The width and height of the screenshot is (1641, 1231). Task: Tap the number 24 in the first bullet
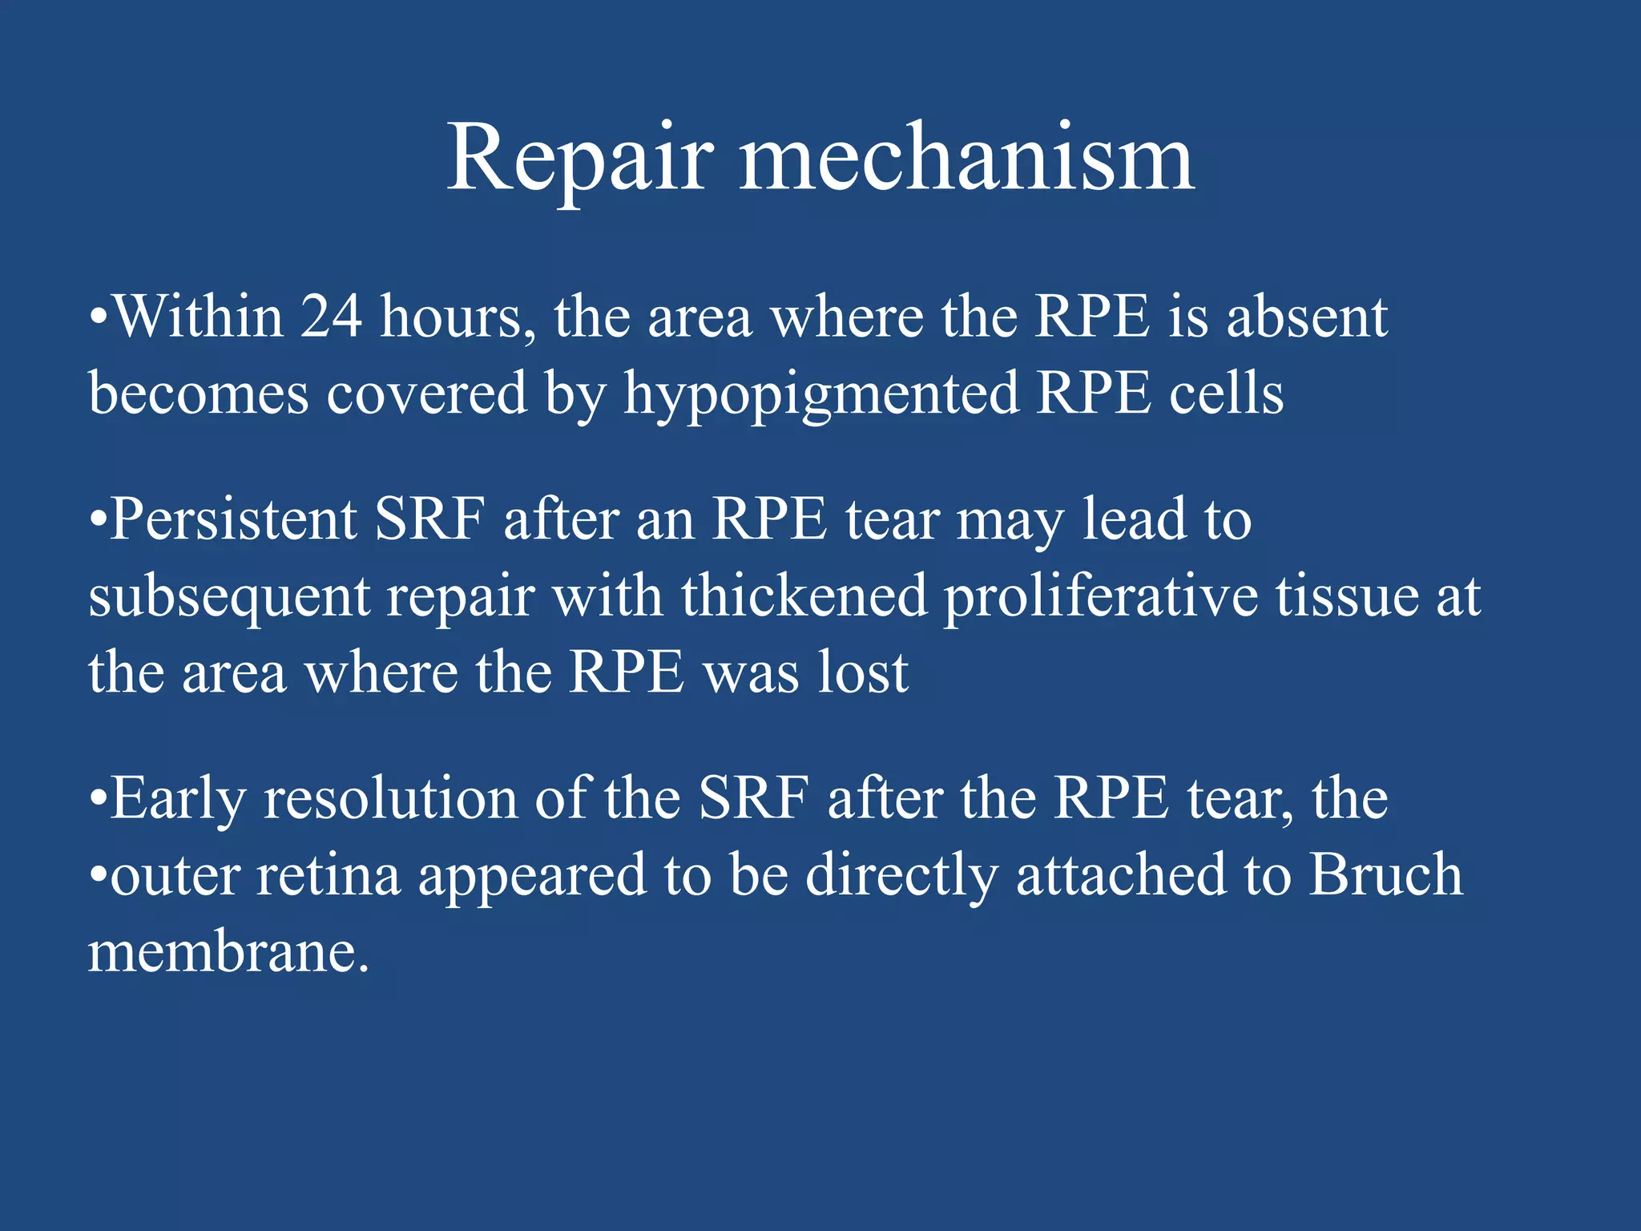pyautogui.click(x=331, y=317)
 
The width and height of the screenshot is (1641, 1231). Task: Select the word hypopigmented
pyautogui.click(x=821, y=394)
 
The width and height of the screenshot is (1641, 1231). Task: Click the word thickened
pyautogui.click(x=804, y=596)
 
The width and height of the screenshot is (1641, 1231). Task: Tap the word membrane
pyautogui.click(x=228, y=953)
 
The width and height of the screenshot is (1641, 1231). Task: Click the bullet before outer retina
pyautogui.click(x=98, y=876)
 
